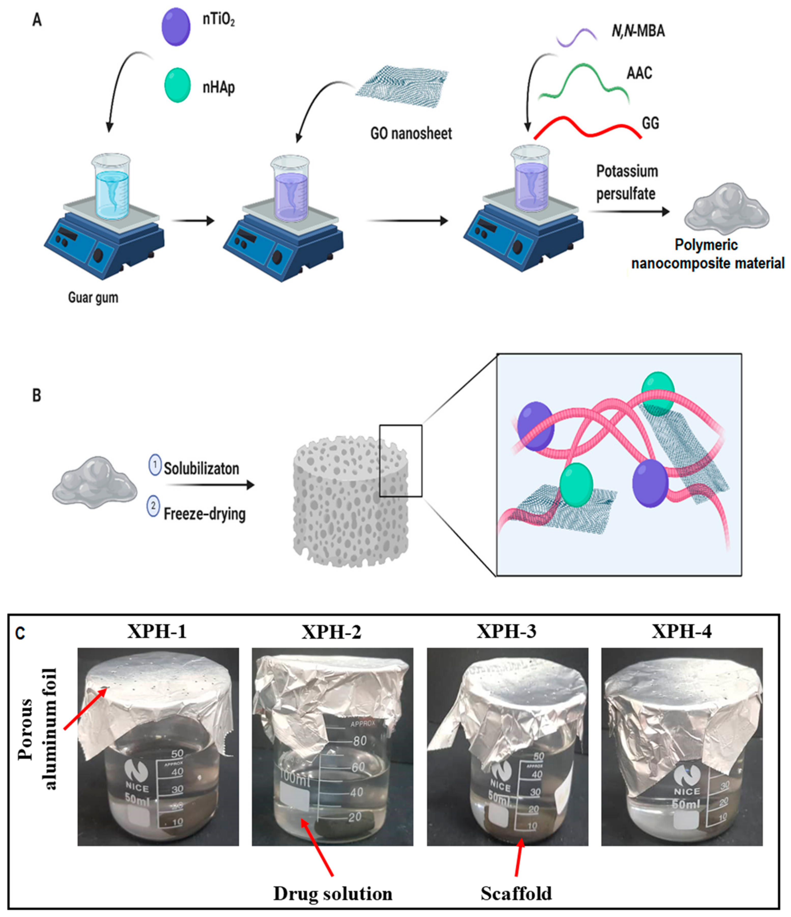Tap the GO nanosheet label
411,133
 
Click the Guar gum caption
93,297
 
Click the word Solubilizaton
201,468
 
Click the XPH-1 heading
157,631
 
